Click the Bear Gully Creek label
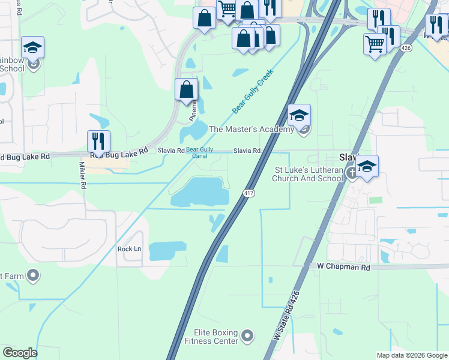coord(253,91)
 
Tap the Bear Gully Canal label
coord(199,153)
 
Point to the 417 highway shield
coord(249,193)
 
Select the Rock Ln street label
coord(129,249)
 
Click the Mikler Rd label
coord(83,175)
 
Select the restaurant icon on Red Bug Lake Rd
coord(98,142)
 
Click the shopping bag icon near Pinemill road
coord(186,90)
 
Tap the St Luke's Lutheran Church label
coord(308,174)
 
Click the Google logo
coord(20,353)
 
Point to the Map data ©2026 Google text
coord(411,355)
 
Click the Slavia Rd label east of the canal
coord(247,151)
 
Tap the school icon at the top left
coord(32,48)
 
